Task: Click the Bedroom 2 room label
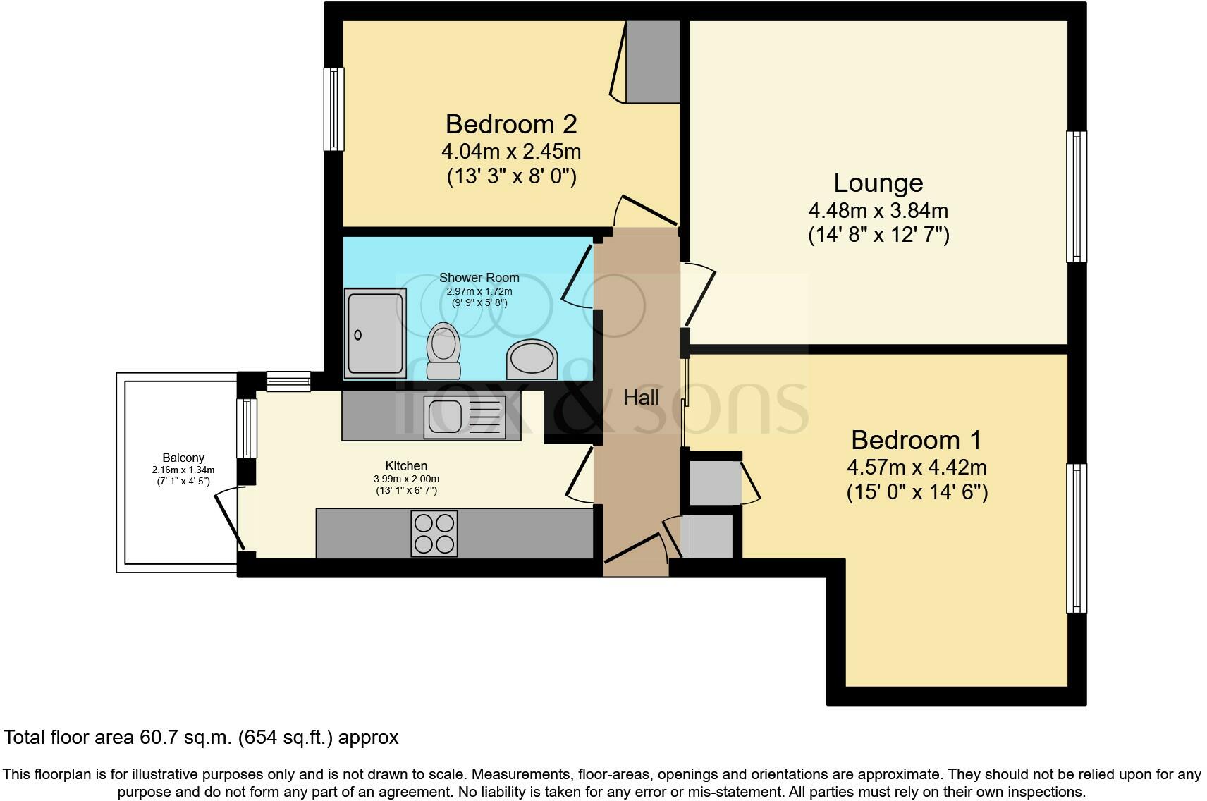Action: pyautogui.click(x=511, y=124)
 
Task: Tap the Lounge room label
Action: pyautogui.click(x=878, y=183)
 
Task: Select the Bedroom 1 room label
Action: pyautogui.click(x=916, y=440)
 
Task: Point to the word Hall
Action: pyautogui.click(x=641, y=398)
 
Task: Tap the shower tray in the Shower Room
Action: pyautogui.click(x=376, y=332)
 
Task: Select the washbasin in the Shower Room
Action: pyautogui.click(x=531, y=356)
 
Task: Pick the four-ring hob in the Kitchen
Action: pyautogui.click(x=434, y=533)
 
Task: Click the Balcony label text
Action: pyautogui.click(x=183, y=458)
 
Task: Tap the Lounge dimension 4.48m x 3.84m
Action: pyautogui.click(x=878, y=210)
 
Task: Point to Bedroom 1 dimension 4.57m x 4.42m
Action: pyautogui.click(x=917, y=467)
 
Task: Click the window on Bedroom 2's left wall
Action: pyautogui.click(x=334, y=109)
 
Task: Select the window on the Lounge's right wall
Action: pyautogui.click(x=1076, y=196)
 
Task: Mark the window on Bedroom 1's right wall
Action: pyautogui.click(x=1076, y=538)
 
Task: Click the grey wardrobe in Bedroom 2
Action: pyautogui.click(x=654, y=62)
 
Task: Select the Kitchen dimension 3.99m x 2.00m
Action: pyautogui.click(x=406, y=479)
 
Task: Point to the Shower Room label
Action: pyautogui.click(x=479, y=278)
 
